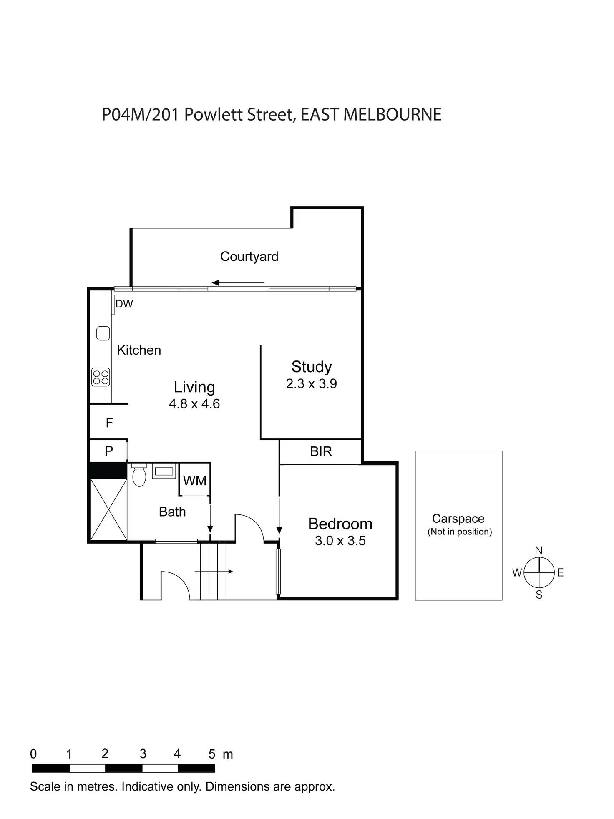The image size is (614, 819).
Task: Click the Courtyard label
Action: [249, 256]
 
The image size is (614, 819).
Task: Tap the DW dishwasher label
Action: [124, 304]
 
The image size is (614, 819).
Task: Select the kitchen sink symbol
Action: [103, 333]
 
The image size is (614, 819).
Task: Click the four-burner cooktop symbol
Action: [101, 377]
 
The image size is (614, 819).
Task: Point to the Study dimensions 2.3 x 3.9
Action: [311, 384]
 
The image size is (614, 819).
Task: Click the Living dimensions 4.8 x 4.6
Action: [194, 404]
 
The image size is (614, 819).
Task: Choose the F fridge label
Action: [109, 423]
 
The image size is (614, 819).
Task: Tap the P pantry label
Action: [109, 451]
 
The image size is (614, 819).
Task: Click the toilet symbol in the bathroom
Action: [139, 475]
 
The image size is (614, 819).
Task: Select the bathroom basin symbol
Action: [164, 471]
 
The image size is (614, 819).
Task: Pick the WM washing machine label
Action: [194, 481]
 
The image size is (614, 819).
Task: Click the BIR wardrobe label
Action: [321, 451]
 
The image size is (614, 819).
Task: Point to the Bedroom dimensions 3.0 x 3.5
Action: [340, 541]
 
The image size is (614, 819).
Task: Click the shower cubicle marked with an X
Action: [108, 509]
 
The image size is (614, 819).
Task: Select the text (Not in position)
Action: [459, 532]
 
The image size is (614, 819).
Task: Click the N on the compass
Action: [539, 551]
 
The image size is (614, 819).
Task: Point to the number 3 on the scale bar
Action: [143, 754]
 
